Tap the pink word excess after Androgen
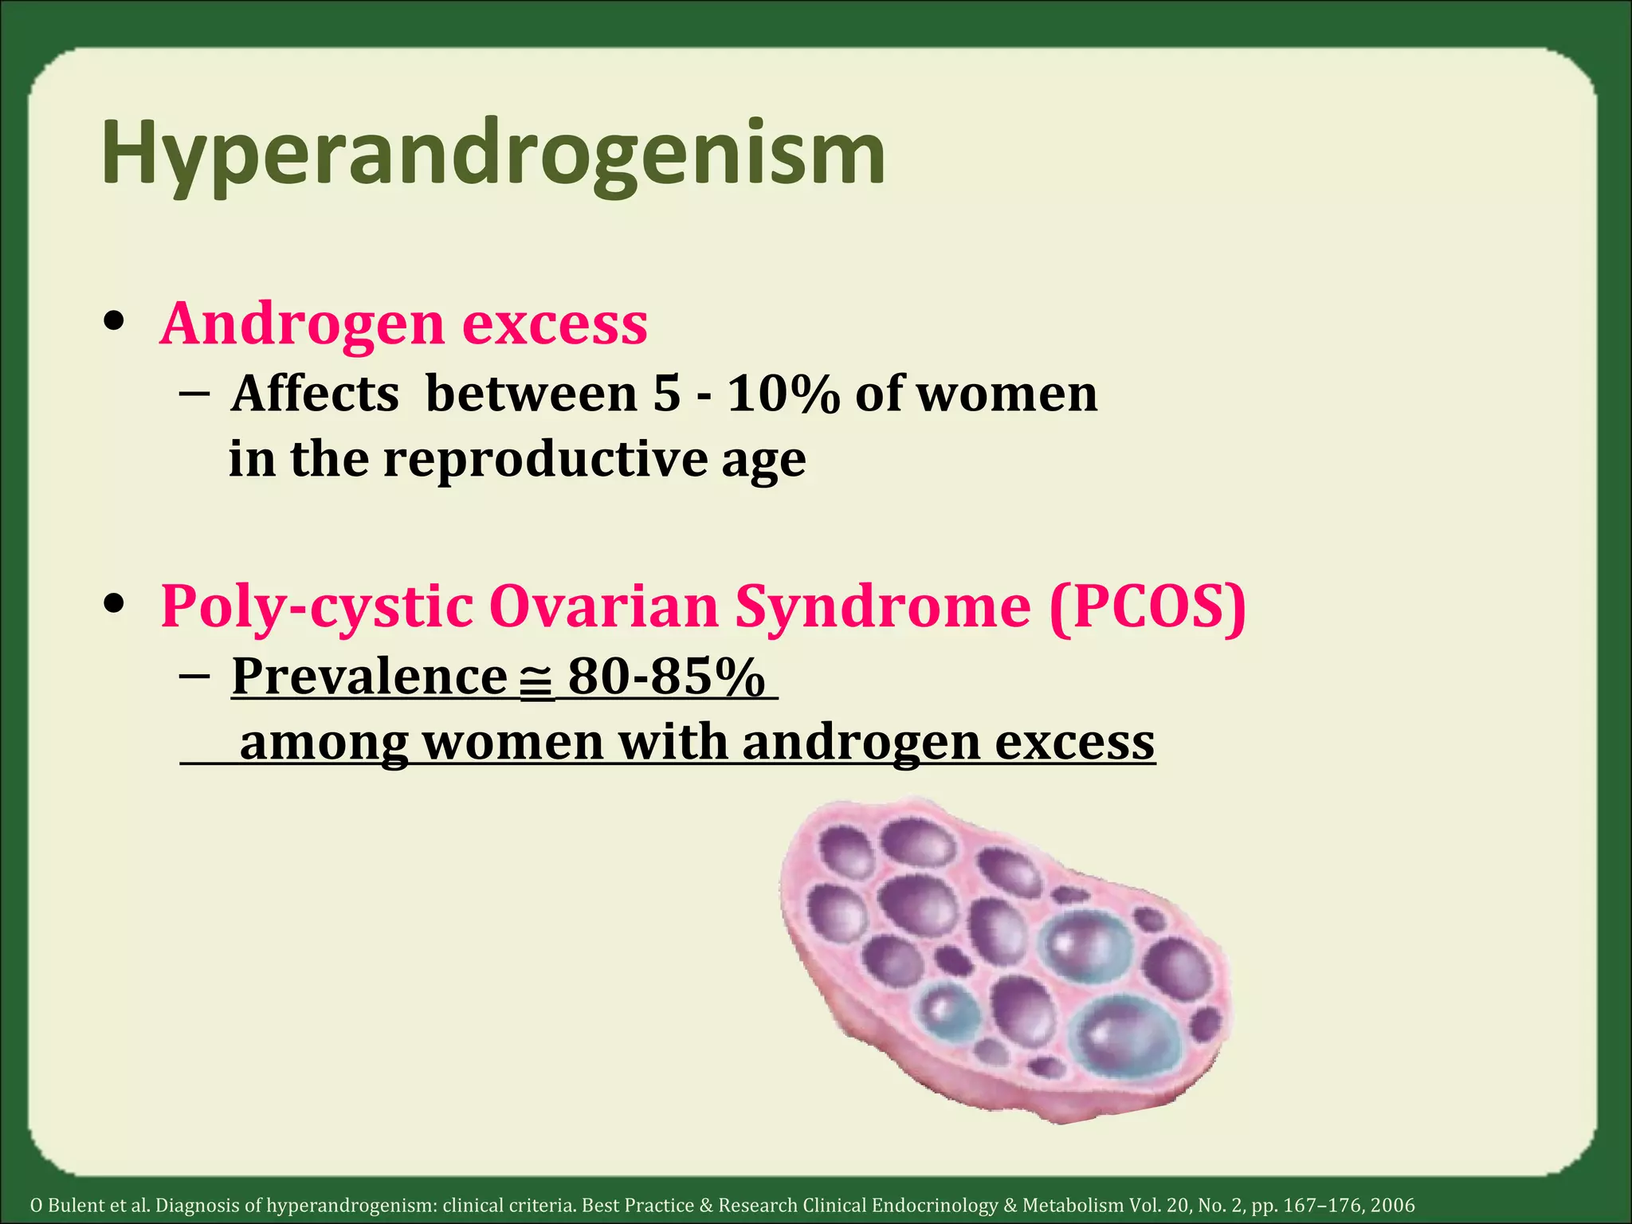(x=555, y=324)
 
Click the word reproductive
(x=546, y=460)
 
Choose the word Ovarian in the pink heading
(x=603, y=607)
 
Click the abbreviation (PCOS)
(x=1147, y=607)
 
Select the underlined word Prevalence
(x=369, y=677)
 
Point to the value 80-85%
(x=666, y=677)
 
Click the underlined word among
(x=324, y=742)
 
